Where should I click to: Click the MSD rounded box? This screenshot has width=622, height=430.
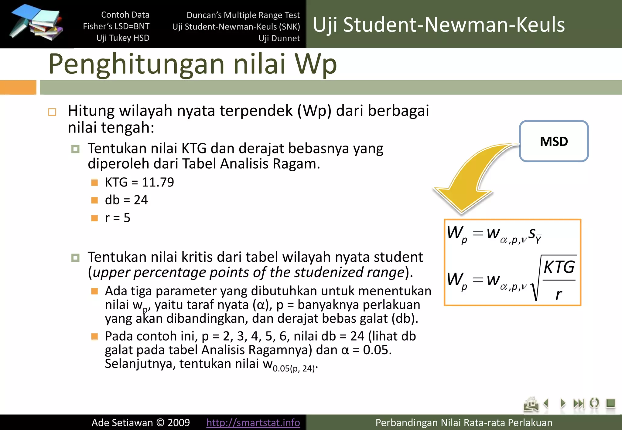pyautogui.click(x=554, y=141)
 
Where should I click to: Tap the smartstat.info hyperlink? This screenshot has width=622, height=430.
pyautogui.click(x=253, y=422)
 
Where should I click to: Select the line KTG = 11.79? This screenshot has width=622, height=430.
pyautogui.click(x=139, y=182)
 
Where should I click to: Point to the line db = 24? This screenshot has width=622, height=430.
pyautogui.click(x=126, y=200)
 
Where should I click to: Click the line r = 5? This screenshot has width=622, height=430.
pyautogui.click(x=118, y=218)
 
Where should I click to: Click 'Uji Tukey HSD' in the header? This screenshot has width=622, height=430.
pyautogui.click(x=123, y=38)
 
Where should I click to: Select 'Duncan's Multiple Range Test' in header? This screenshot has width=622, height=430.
pyautogui.click(x=243, y=15)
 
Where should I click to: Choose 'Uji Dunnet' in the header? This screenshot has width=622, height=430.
pyautogui.click(x=279, y=38)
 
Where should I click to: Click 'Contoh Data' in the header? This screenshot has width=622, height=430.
pyautogui.click(x=125, y=15)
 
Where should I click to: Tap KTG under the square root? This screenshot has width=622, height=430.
pyautogui.click(x=559, y=267)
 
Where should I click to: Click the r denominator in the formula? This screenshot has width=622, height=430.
pyautogui.click(x=558, y=294)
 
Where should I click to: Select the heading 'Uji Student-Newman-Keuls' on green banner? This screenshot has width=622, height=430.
pyautogui.click(x=439, y=24)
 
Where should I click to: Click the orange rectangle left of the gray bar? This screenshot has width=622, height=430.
pyautogui.click(x=18, y=87)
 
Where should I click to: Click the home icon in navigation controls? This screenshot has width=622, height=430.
pyautogui.click(x=531, y=404)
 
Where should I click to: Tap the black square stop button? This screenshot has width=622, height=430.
pyautogui.click(x=610, y=403)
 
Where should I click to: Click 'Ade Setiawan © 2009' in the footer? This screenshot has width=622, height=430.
pyautogui.click(x=141, y=422)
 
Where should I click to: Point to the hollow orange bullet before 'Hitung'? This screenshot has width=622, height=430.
pyautogui.click(x=52, y=112)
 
